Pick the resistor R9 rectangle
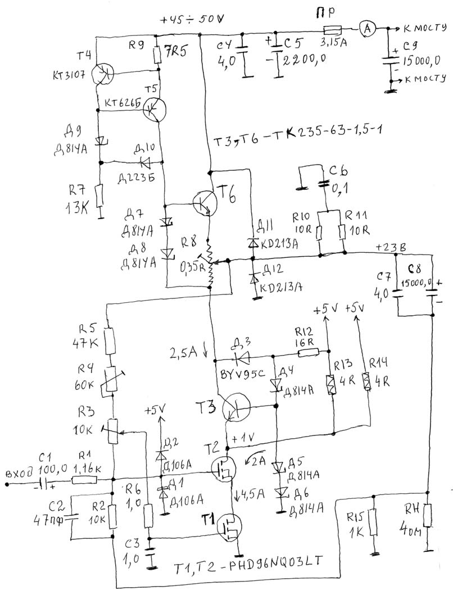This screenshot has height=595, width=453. click(x=158, y=55)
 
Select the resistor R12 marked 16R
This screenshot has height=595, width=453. click(x=309, y=352)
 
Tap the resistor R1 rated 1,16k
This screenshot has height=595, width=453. click(x=84, y=480)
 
